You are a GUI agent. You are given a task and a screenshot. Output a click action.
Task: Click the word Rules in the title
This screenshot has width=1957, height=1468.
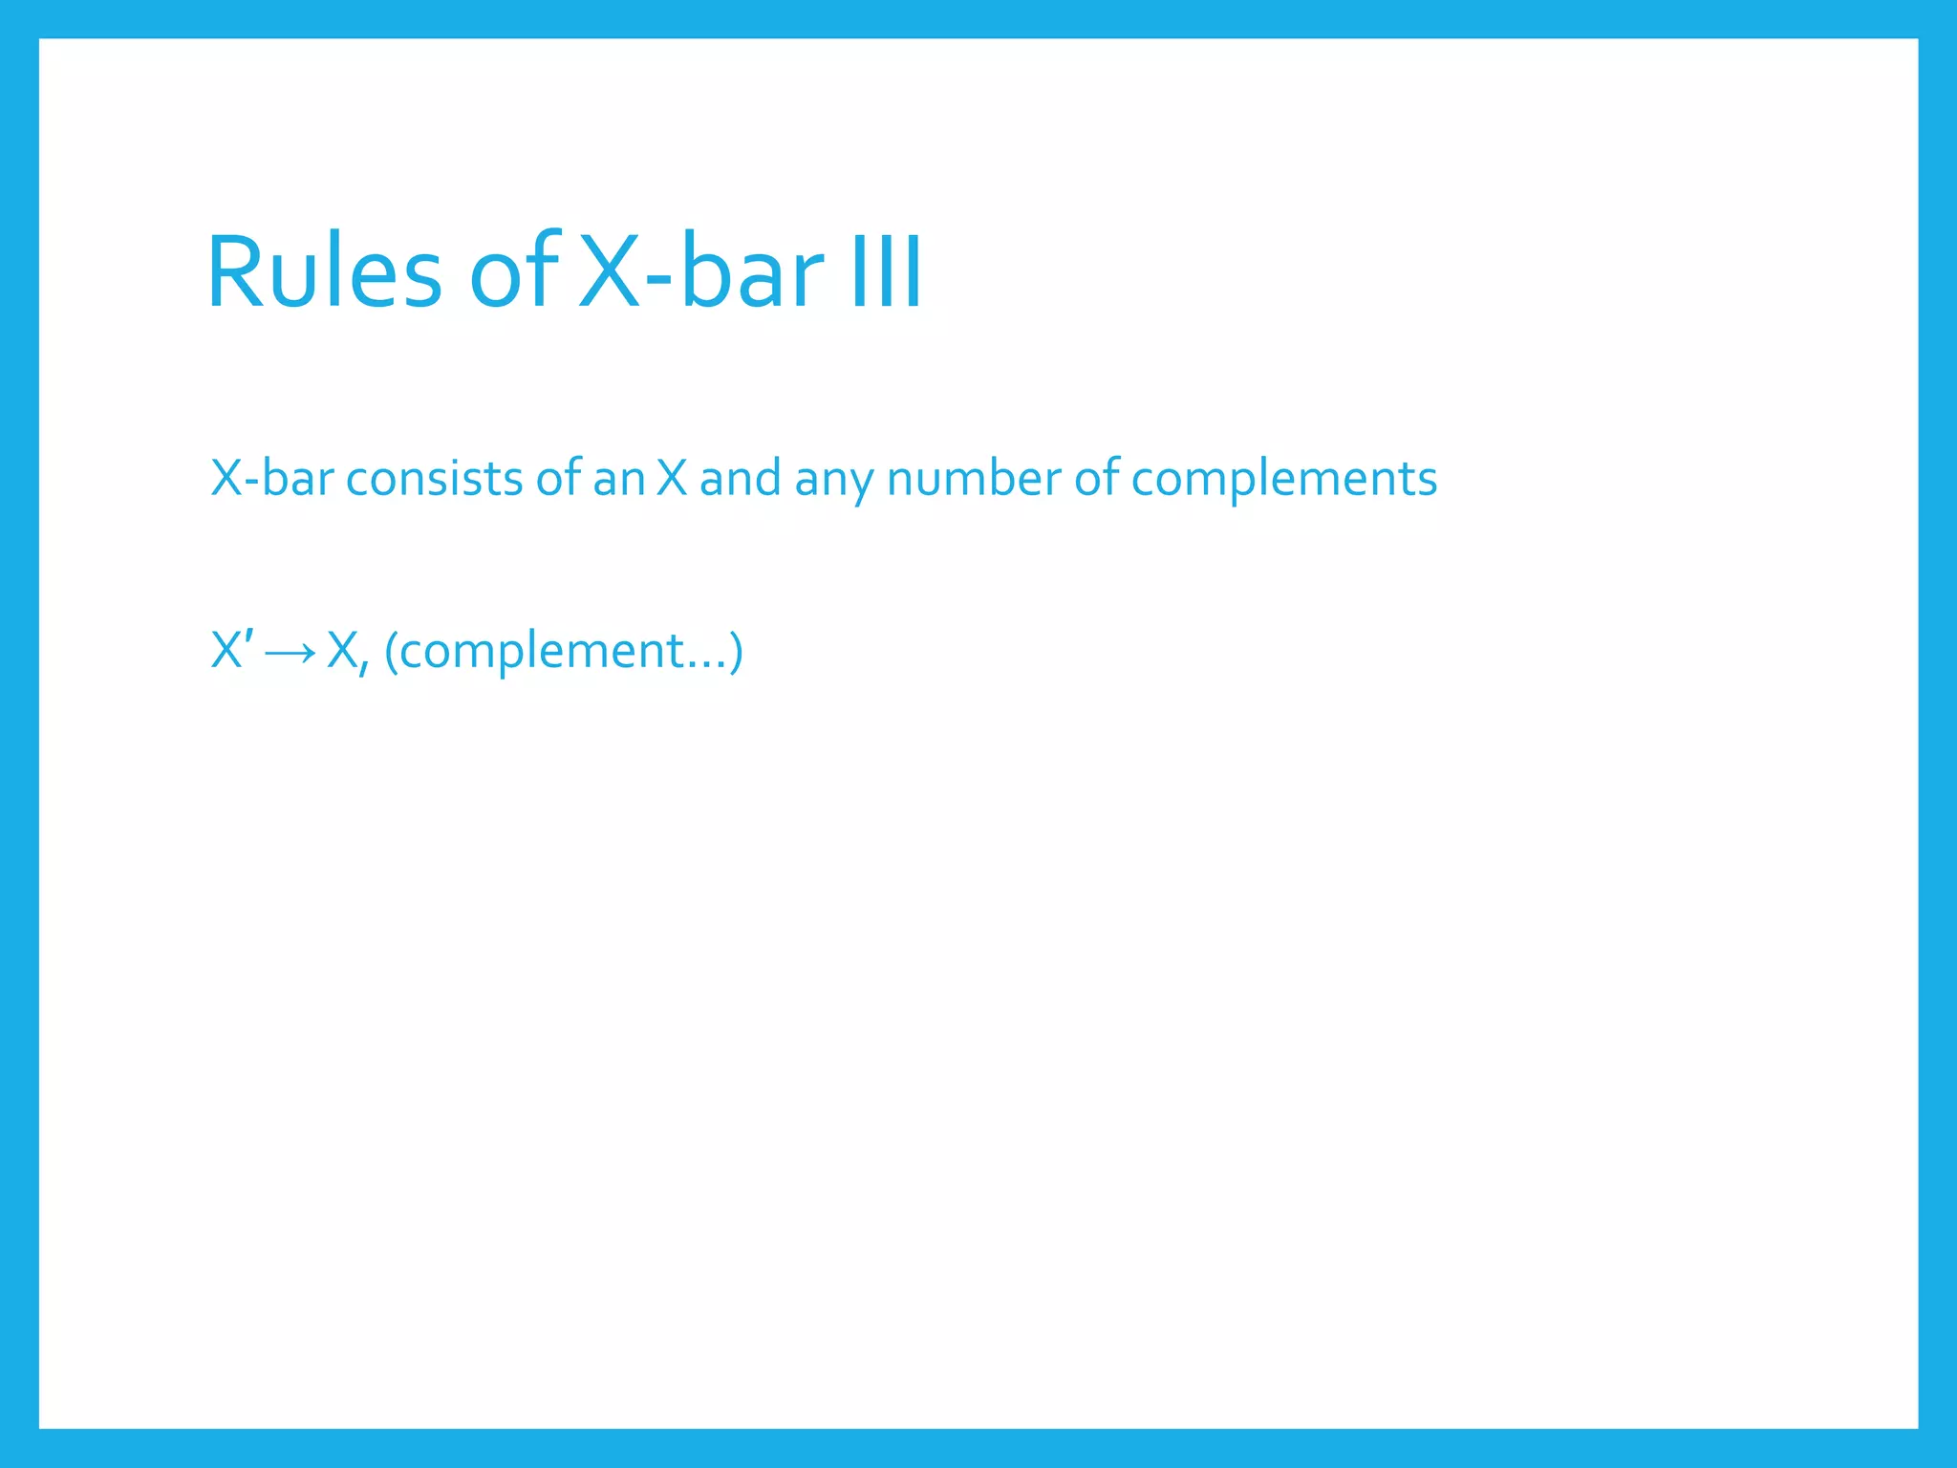point(323,273)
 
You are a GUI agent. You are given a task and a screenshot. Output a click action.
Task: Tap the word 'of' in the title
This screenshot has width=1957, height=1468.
point(513,273)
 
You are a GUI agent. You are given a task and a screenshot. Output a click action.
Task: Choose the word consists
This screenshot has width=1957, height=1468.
point(434,478)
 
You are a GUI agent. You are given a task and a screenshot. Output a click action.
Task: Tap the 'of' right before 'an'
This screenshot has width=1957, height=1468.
point(558,478)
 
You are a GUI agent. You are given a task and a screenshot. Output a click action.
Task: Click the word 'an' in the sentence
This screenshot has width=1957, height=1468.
point(618,478)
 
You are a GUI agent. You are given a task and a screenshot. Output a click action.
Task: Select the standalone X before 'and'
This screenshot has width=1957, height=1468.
point(672,478)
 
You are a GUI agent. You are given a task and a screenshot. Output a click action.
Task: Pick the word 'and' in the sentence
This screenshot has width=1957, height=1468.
point(740,478)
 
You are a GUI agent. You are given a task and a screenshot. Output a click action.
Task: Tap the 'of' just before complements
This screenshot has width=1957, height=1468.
point(1096,478)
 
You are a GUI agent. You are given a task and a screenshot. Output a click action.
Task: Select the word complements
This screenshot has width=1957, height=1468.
point(1283,480)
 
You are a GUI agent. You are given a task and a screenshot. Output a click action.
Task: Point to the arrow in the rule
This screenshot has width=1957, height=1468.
point(290,653)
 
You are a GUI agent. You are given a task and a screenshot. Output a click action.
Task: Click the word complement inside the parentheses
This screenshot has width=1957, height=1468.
point(541,652)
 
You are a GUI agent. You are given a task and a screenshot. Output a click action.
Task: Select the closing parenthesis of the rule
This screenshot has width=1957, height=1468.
point(736,652)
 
